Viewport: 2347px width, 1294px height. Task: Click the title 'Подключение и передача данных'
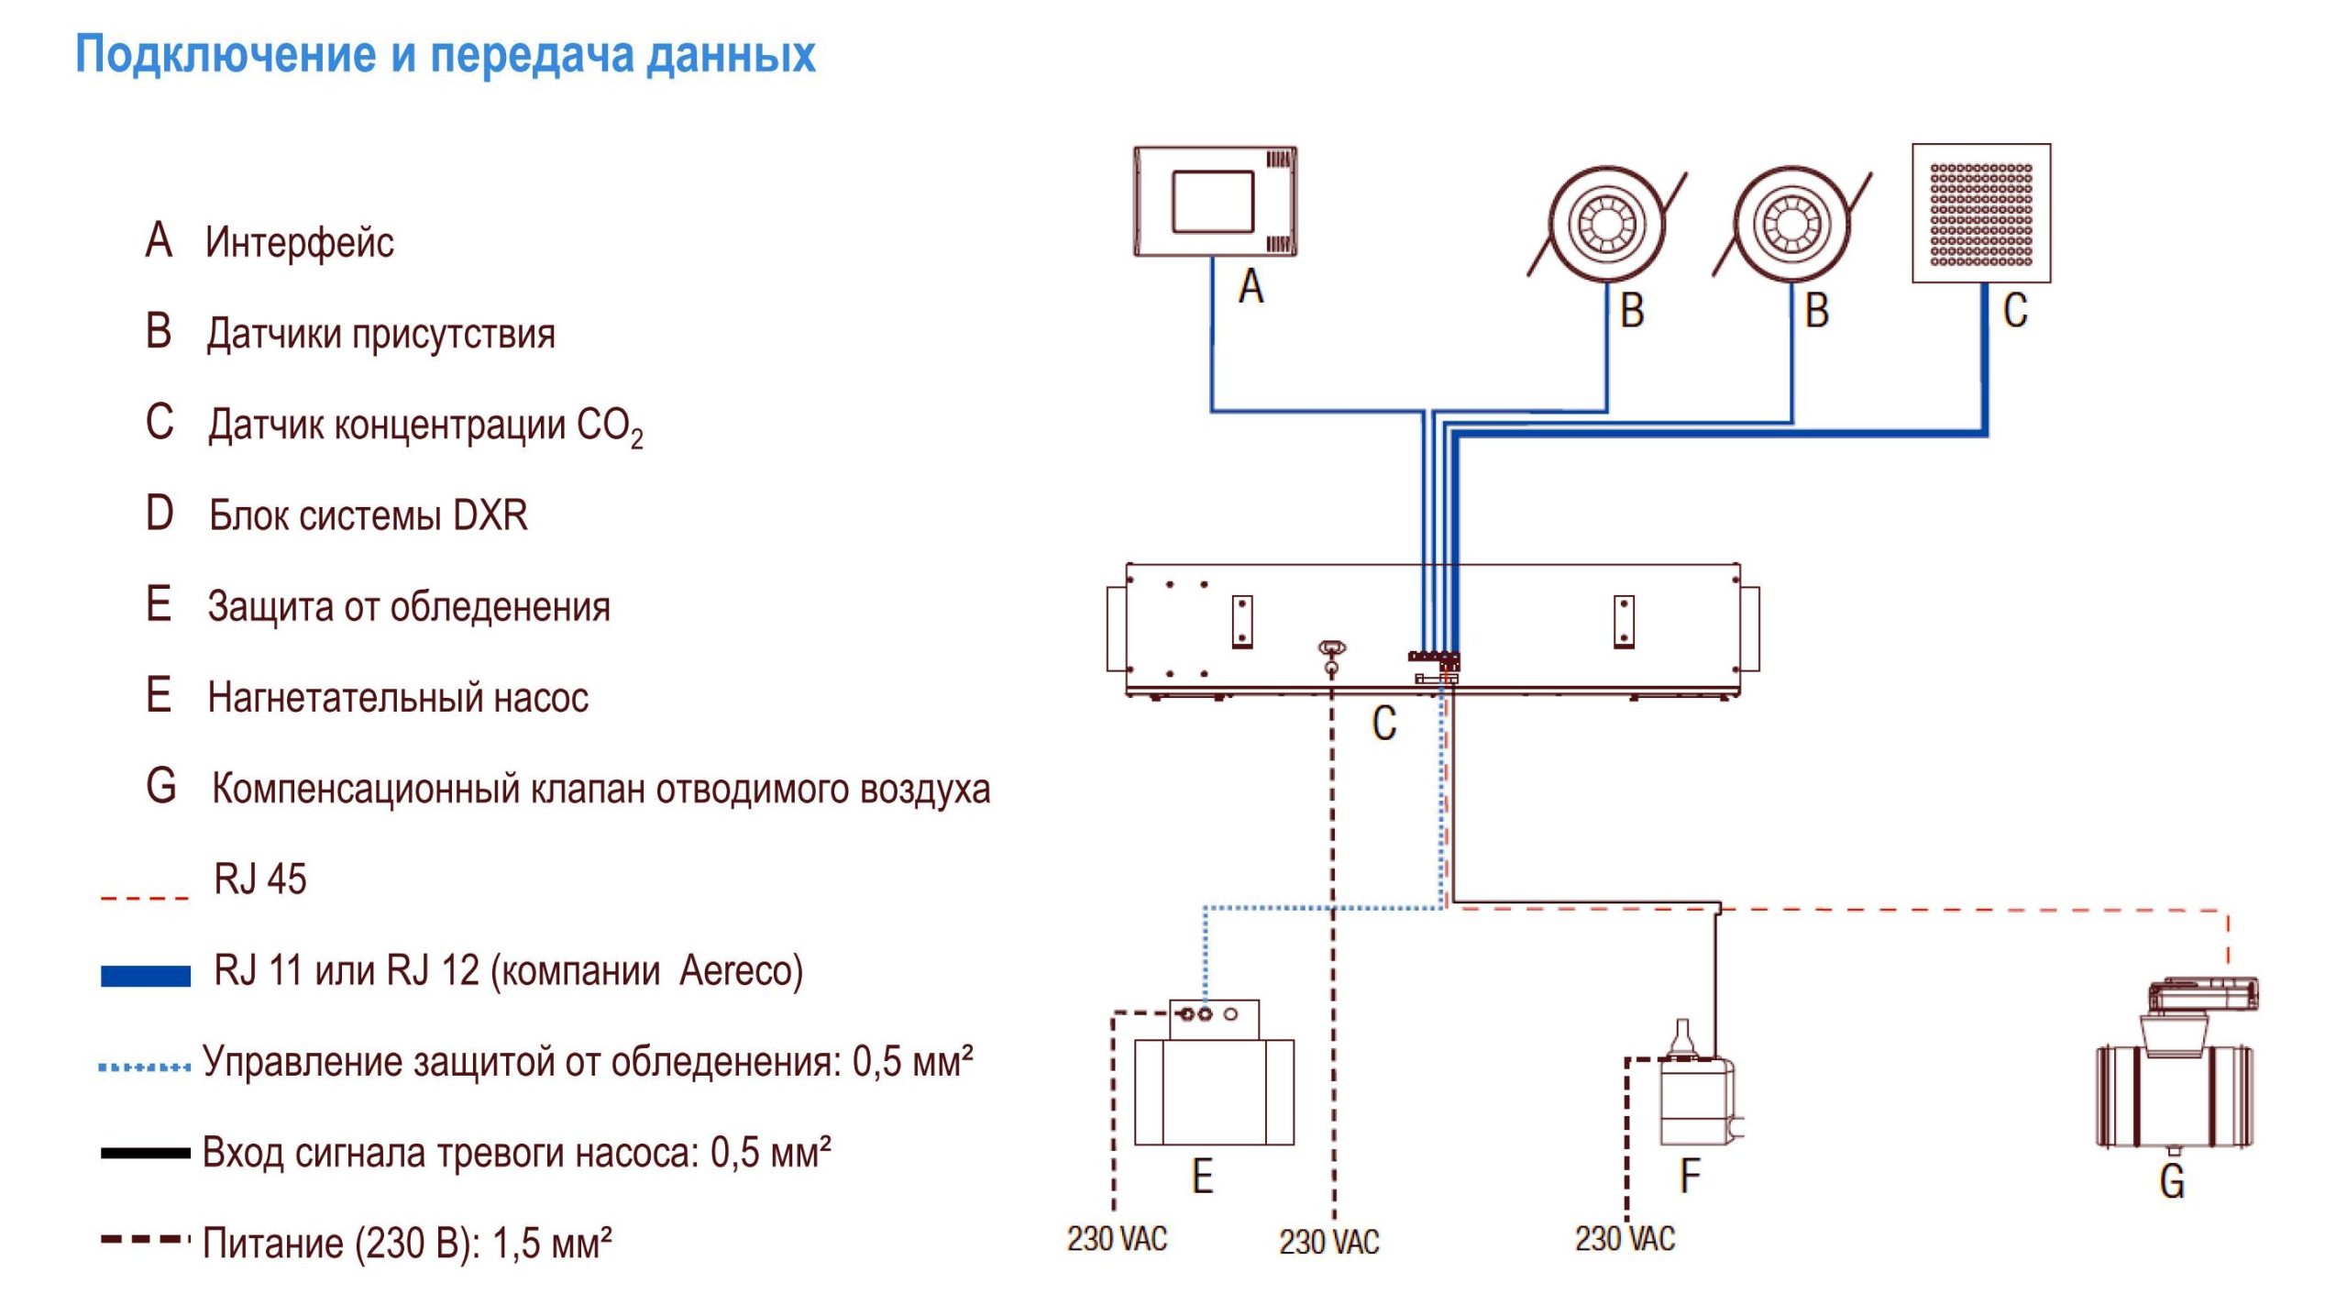(x=445, y=55)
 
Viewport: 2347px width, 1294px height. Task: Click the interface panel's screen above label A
(x=1212, y=201)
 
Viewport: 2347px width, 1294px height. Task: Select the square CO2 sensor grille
(x=1980, y=214)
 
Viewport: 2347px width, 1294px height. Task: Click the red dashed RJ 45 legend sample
(x=145, y=897)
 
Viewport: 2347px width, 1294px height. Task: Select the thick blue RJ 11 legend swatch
(x=145, y=976)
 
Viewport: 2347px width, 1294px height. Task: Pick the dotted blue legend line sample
(x=145, y=1067)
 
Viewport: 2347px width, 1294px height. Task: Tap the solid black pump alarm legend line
(x=145, y=1153)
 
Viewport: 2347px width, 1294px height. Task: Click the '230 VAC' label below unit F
(x=1625, y=1239)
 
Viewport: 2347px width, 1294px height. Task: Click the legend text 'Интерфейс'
(x=300, y=243)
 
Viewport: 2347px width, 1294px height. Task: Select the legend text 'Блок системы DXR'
(x=368, y=515)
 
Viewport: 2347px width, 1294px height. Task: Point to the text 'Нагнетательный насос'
(x=398, y=698)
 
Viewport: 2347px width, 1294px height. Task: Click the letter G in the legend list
(x=161, y=787)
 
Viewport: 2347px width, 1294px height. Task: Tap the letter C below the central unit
(x=1383, y=724)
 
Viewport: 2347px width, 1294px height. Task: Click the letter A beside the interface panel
(x=1251, y=286)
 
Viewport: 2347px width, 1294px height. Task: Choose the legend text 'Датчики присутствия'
(x=380, y=334)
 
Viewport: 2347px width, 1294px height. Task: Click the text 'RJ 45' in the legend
(x=260, y=879)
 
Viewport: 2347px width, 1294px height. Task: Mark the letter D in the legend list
(x=160, y=514)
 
